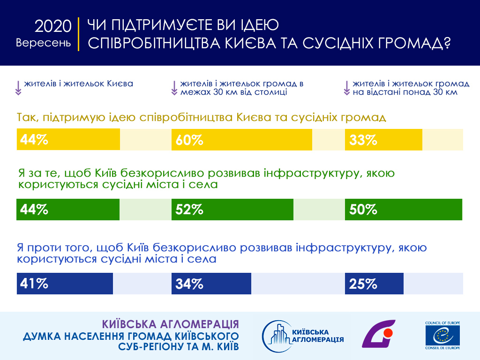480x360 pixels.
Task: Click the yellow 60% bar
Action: [242, 140]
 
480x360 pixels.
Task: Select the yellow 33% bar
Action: [383, 140]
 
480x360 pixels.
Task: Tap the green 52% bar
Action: [232, 210]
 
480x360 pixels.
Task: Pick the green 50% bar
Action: [403, 210]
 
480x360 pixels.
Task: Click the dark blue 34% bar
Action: [211, 284]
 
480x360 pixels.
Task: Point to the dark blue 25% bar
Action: [374, 284]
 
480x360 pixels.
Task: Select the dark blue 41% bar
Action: [65, 284]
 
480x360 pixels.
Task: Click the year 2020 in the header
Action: [53, 27]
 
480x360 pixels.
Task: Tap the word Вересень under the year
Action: [44, 43]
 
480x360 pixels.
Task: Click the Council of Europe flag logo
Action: [442, 336]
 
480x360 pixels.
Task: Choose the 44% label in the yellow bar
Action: [34, 140]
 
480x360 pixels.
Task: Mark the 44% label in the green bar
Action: [34, 210]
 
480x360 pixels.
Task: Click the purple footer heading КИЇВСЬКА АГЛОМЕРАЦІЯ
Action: [170, 324]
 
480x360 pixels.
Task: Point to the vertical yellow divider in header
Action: [79, 34]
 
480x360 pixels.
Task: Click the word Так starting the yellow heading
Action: [27, 117]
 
